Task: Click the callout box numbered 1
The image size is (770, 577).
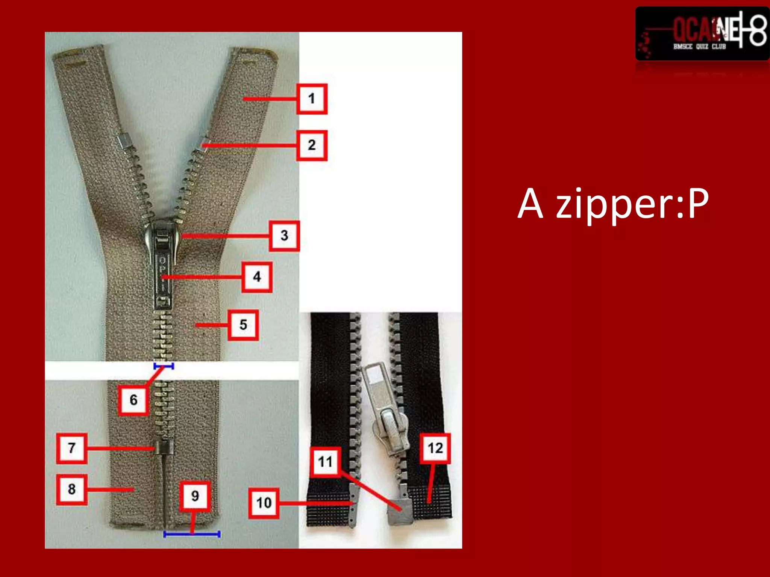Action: [312, 99]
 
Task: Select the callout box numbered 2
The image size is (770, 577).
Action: [312, 145]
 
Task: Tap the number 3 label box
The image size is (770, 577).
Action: [284, 236]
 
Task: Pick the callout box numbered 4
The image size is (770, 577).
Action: [257, 277]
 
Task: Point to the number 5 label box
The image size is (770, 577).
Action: [243, 325]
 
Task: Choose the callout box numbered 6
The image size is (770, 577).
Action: [133, 400]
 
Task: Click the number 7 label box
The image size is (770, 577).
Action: [71, 448]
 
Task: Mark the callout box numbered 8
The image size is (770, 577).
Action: [71, 489]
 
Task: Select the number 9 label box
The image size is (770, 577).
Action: [195, 496]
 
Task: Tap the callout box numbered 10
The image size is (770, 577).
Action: [264, 503]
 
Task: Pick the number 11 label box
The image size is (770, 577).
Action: [325, 462]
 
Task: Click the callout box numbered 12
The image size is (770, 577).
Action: [435, 448]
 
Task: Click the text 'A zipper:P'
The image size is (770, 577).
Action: [613, 204]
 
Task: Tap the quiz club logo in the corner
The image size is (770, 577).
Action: [702, 34]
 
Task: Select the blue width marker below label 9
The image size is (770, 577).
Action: [192, 534]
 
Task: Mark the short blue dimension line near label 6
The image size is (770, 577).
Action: [164, 366]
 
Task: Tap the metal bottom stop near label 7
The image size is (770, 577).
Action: [164, 447]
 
